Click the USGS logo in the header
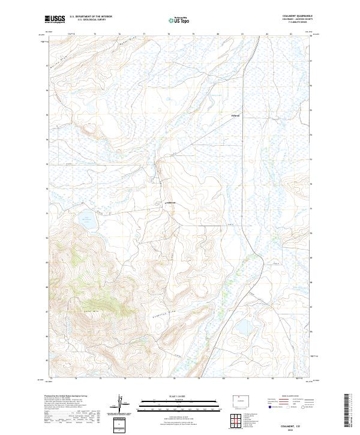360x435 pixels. click(x=55, y=19)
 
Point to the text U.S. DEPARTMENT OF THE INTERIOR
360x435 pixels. click(x=91, y=16)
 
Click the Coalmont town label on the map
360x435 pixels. click(x=170, y=203)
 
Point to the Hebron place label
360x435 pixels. click(x=235, y=115)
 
